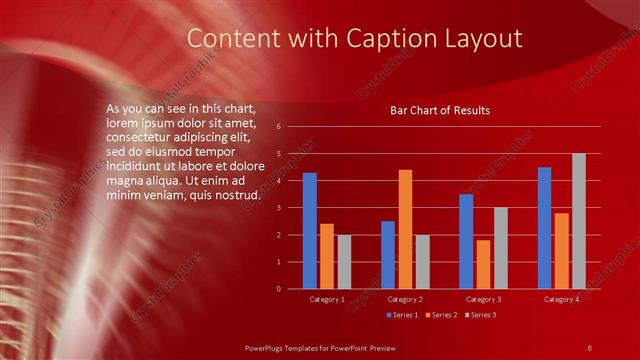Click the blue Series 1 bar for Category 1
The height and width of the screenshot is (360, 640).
(x=310, y=231)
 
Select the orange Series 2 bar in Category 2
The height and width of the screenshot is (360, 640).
(x=405, y=229)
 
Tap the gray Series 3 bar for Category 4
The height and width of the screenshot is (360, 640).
(x=578, y=221)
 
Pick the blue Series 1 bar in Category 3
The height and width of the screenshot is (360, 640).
(x=466, y=241)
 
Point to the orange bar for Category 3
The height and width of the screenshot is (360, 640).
(x=483, y=264)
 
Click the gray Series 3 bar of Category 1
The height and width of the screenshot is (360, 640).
(x=344, y=262)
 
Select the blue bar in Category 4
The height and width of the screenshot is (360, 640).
(x=544, y=228)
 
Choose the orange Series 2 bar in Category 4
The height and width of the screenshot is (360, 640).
(x=561, y=250)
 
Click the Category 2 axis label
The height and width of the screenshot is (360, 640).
(x=405, y=299)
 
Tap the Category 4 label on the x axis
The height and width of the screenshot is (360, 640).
(x=561, y=299)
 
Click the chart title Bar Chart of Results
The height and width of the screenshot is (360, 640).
(x=440, y=110)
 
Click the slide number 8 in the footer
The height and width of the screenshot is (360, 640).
(x=590, y=347)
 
